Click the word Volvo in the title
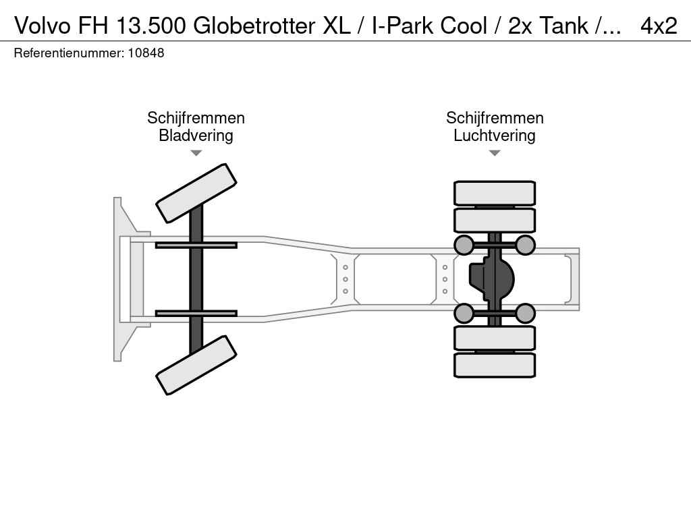point(43,26)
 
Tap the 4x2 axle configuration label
point(659,26)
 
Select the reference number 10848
point(146,53)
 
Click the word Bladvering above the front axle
point(196,135)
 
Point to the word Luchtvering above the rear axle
point(495,135)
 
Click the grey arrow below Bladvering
point(196,153)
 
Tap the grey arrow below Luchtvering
point(495,153)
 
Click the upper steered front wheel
point(196,194)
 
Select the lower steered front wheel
point(196,365)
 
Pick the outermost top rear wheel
point(495,193)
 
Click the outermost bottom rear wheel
point(495,365)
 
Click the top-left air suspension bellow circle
point(464,245)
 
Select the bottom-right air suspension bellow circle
point(525,313)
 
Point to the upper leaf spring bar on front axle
point(196,245)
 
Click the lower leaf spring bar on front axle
point(196,313)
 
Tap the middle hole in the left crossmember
point(345,279)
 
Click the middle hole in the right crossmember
point(445,279)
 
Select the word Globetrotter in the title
point(254,26)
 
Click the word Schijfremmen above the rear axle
point(495,118)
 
